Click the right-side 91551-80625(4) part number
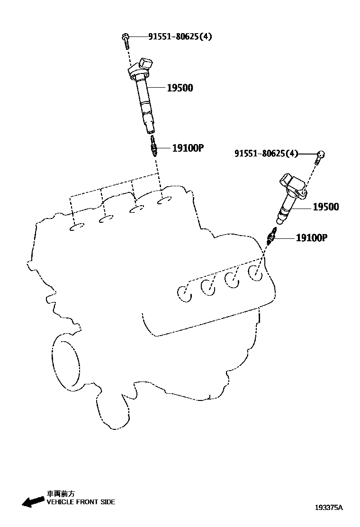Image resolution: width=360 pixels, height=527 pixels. [266, 153]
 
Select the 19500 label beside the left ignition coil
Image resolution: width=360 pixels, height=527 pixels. [180, 88]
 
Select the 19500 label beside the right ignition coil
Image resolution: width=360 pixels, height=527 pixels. [325, 207]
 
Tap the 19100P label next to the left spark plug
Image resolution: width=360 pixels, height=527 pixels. [187, 148]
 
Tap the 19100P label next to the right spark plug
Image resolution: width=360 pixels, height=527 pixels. [312, 237]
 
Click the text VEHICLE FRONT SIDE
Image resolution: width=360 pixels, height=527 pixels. [81, 502]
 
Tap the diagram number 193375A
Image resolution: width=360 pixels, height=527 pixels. [329, 508]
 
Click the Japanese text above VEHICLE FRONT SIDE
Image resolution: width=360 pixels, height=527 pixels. [60, 493]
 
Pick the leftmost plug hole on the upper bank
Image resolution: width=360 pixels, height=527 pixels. [77, 228]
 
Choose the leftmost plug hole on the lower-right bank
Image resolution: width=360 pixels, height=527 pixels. [184, 292]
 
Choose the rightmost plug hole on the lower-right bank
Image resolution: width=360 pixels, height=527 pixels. [256, 273]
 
